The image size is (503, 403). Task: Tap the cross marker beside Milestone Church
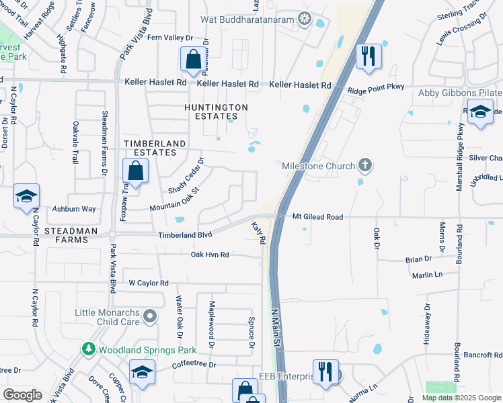(364, 165)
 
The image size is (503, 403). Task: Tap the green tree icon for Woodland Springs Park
(88, 349)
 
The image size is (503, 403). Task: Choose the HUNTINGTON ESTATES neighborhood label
(217, 112)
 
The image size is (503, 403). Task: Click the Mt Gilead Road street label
(318, 217)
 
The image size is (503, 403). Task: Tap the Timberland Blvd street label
(185, 235)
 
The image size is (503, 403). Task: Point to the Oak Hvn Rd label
(210, 255)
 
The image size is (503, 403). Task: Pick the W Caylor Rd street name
(148, 283)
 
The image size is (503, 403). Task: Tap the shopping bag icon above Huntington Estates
(194, 60)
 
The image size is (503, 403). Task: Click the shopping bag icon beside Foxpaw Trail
(136, 171)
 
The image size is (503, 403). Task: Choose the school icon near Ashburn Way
(26, 196)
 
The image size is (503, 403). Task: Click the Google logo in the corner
(22, 395)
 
